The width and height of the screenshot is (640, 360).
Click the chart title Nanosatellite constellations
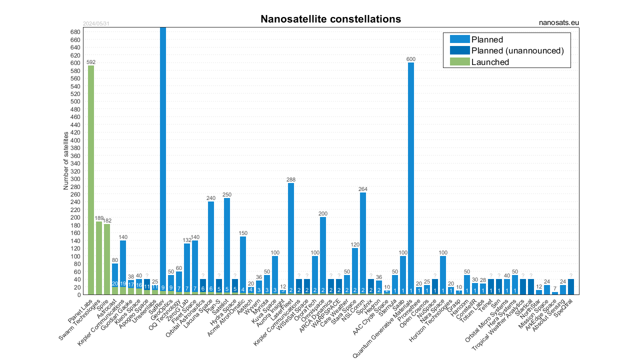click(x=330, y=19)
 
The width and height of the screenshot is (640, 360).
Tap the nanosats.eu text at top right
click(x=559, y=22)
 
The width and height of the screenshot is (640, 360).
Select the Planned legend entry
click(x=487, y=39)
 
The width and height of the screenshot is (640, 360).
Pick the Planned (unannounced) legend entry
click(x=517, y=50)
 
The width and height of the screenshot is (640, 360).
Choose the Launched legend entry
click(x=490, y=62)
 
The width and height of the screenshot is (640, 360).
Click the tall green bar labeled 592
click(x=91, y=180)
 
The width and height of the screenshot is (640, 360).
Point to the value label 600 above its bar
click(x=411, y=59)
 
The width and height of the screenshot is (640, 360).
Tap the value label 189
click(x=99, y=218)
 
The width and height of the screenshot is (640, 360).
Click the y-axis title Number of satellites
click(x=65, y=160)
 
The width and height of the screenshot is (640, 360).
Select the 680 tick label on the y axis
click(x=75, y=32)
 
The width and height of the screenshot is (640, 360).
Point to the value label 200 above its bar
click(x=323, y=213)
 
